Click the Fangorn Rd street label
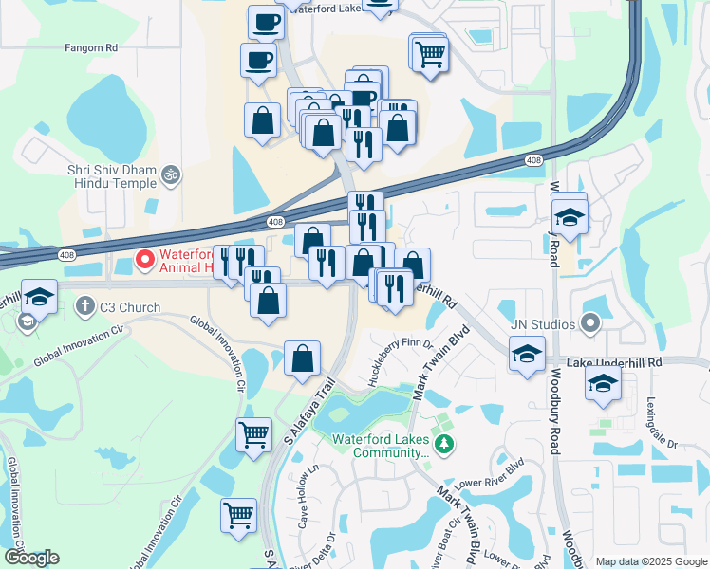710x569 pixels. point(90,46)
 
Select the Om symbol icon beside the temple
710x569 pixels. point(172,174)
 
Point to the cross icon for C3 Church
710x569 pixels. point(84,306)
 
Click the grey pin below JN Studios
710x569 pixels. point(590,324)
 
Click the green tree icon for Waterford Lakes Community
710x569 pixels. point(441,443)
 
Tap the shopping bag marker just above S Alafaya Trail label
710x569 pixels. point(302,358)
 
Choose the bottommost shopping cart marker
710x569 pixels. point(238,515)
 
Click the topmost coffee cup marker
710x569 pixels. point(266,22)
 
